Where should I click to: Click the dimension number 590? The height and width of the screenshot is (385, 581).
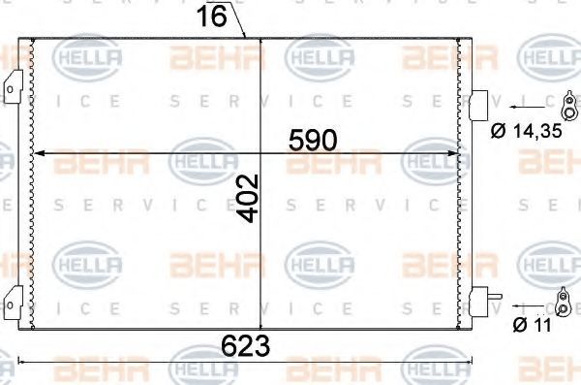313,141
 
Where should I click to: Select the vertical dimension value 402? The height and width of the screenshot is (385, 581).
248,198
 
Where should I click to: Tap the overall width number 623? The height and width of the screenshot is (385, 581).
246,345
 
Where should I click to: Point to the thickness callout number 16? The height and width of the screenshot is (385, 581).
211,16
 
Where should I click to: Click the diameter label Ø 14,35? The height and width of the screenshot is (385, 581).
527,131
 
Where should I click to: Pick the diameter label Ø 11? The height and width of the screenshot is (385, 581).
532,325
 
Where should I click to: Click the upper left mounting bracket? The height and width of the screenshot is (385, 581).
13,87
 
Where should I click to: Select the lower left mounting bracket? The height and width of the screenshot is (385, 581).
13,303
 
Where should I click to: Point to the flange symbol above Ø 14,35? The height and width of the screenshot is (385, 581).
568,106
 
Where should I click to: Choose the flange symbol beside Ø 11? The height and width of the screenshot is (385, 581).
563,302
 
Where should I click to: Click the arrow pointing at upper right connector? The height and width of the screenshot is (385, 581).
528,107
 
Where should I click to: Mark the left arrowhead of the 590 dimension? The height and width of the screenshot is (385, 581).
40,153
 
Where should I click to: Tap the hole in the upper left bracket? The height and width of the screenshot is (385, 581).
10,89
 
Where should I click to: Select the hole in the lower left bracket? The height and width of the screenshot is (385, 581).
10,305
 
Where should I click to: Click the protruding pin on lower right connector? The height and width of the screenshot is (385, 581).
496,297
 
